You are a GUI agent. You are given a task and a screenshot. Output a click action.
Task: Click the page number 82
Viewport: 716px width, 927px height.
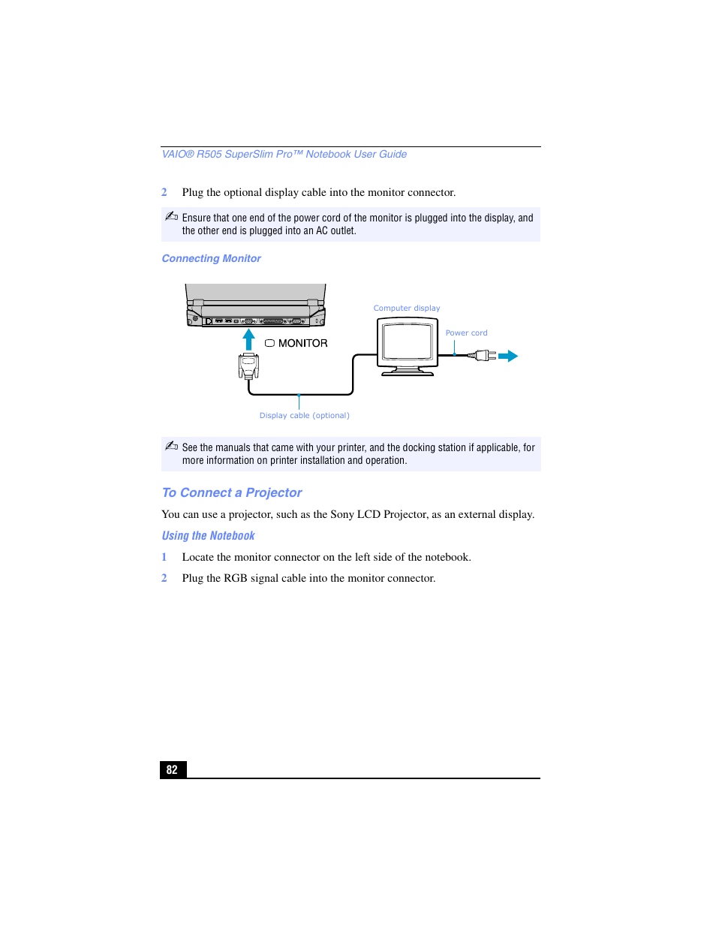(172, 769)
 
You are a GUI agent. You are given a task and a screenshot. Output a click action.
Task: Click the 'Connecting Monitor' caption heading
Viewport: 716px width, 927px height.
(211, 258)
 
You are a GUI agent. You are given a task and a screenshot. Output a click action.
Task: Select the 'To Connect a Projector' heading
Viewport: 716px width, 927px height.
(232, 492)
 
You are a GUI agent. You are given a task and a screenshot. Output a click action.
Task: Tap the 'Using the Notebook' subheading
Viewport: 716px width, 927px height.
(208, 535)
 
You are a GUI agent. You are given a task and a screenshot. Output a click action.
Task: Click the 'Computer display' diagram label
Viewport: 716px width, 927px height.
(407, 308)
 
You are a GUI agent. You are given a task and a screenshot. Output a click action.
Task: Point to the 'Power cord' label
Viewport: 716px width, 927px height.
(466, 333)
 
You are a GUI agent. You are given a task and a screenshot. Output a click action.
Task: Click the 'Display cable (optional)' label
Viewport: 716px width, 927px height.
(304, 415)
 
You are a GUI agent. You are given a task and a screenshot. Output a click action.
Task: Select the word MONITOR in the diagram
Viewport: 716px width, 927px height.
(303, 343)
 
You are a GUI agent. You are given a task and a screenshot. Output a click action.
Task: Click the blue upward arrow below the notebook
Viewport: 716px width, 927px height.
(248, 339)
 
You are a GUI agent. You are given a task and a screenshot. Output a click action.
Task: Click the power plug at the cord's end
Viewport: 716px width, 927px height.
(483, 356)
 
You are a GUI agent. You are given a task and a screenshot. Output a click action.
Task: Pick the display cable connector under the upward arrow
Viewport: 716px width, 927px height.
(248, 366)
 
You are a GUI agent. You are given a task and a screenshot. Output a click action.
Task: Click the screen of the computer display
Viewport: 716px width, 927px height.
(407, 342)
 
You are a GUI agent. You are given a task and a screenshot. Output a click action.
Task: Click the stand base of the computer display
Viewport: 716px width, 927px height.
(407, 372)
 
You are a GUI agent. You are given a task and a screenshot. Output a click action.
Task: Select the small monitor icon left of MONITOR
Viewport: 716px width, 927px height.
(269, 343)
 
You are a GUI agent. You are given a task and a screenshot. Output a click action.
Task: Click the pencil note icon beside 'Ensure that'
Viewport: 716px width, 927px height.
(171, 216)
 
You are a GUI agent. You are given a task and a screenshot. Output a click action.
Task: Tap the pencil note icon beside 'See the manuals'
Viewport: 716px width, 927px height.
(171, 446)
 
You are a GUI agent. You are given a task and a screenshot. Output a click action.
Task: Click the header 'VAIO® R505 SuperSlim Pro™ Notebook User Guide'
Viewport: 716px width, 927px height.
(284, 154)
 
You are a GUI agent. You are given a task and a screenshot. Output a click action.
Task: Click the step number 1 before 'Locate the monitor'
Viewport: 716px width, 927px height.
(164, 557)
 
